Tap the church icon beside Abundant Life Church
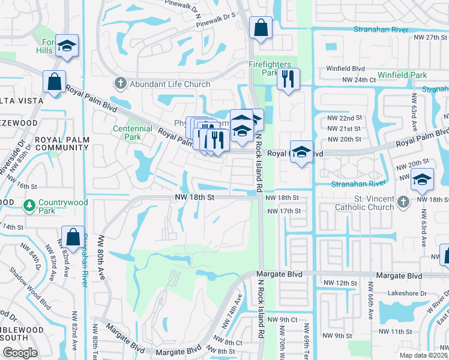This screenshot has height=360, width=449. coord(120,84)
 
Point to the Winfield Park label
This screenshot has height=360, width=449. coord(402,76)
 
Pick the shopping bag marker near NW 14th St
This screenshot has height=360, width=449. coord(73,237)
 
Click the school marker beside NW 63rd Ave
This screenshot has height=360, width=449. coord(422,179)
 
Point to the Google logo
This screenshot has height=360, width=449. coord(20,353)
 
